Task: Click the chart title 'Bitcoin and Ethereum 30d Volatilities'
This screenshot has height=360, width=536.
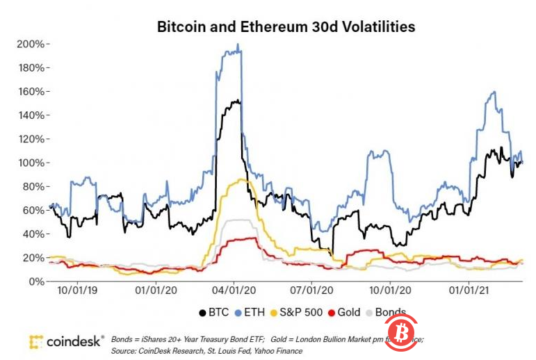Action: [x=286, y=27]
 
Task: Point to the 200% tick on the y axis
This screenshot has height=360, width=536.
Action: [x=30, y=44]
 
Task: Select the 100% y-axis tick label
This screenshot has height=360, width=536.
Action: [x=30, y=163]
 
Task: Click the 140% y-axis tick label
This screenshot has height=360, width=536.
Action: [x=30, y=115]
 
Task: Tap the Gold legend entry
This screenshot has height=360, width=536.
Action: [x=346, y=313]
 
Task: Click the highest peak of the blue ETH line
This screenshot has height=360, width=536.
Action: [x=238, y=45]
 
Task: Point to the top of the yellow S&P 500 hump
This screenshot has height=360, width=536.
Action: [x=241, y=179]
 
